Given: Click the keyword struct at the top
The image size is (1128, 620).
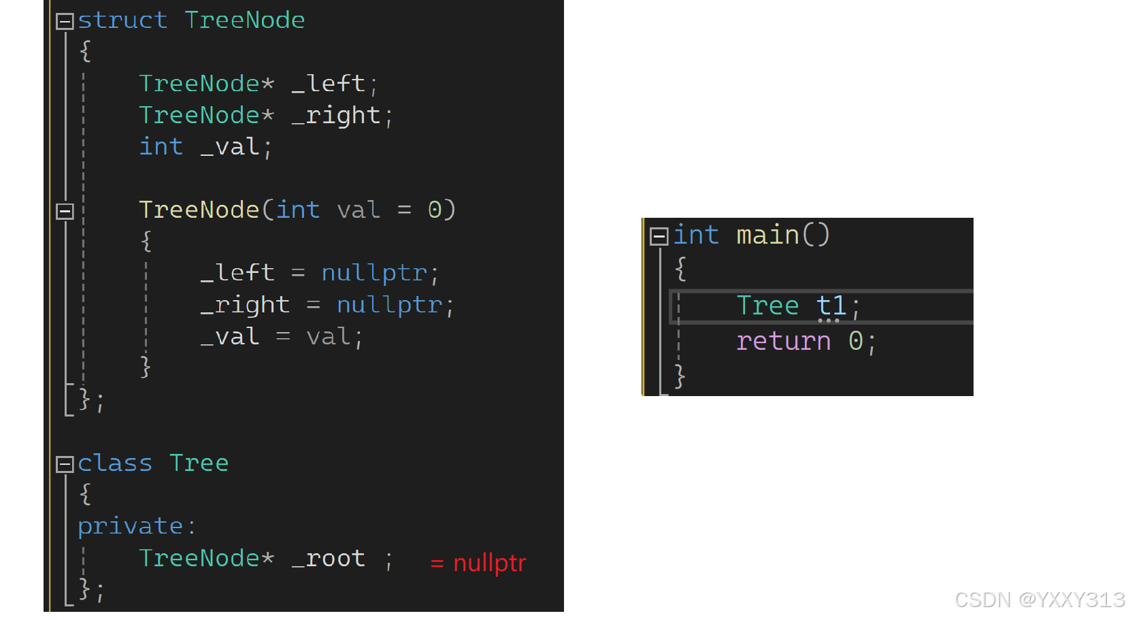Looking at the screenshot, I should [x=122, y=20].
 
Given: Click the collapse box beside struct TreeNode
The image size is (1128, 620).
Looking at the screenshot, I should [x=65, y=22].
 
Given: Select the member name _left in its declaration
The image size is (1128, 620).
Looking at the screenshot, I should [x=329, y=84].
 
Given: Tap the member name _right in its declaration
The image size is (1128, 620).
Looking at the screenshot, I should [x=336, y=116].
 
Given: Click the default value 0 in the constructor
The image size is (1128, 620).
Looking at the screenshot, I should [x=435, y=210].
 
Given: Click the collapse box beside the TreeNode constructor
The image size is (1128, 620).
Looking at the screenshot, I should [x=65, y=212].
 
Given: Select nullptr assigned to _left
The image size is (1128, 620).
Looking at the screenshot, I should [x=374, y=273].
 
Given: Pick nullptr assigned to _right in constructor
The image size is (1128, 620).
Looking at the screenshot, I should [x=389, y=305].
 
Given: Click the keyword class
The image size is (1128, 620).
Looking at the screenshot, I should [x=114, y=463].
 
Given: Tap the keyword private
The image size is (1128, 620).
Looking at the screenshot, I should [x=130, y=526].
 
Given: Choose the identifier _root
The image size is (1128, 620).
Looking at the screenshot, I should [x=329, y=559].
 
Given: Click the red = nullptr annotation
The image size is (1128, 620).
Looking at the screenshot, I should [x=478, y=564].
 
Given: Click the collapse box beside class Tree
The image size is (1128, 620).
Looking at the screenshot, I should [x=65, y=465].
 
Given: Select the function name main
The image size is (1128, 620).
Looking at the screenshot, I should [x=767, y=235].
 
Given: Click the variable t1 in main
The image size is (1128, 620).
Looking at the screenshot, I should [x=831, y=306].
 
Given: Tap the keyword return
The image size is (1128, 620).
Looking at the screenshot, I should [x=783, y=341].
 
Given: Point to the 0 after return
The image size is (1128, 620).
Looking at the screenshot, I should [x=855, y=341].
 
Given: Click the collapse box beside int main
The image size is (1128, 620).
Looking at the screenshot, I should [x=659, y=236].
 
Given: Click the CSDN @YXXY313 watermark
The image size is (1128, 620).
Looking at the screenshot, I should [x=1039, y=600].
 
